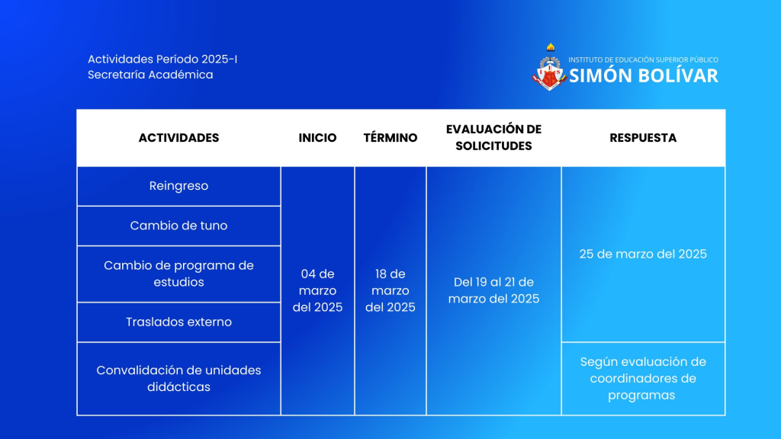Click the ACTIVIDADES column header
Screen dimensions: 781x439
(x=178, y=138)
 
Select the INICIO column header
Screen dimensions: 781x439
(x=318, y=138)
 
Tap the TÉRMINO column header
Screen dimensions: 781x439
(x=390, y=138)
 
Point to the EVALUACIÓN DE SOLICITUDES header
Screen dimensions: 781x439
(x=493, y=137)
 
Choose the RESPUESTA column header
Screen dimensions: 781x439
(x=643, y=138)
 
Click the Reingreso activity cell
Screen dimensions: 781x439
(x=178, y=186)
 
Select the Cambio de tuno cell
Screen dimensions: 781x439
(x=178, y=226)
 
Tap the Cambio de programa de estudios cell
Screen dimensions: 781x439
(x=178, y=274)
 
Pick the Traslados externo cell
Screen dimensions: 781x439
(x=178, y=322)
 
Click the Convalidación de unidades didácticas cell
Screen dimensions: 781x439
(x=178, y=378)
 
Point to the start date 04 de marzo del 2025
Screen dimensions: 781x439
(x=318, y=290)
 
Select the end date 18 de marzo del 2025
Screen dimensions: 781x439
(x=390, y=290)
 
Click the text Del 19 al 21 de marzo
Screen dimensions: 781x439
(x=493, y=290)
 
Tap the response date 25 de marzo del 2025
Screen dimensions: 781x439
(x=643, y=254)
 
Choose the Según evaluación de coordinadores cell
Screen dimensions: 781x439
(x=643, y=378)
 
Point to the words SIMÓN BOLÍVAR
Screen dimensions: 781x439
(x=644, y=75)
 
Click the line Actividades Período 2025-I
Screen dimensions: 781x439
(x=162, y=59)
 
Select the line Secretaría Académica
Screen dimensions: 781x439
(x=150, y=75)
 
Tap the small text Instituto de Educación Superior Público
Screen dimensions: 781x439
(x=644, y=59)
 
